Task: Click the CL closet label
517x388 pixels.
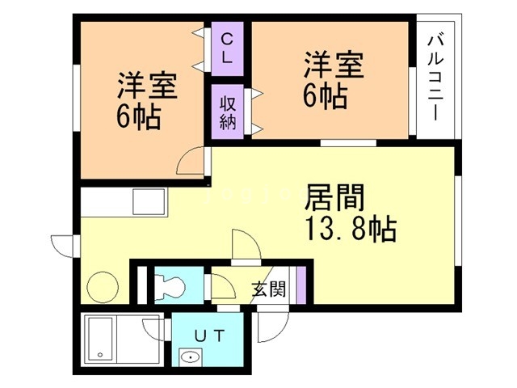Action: pyautogui.click(x=226, y=48)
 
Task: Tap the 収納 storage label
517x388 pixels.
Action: pyautogui.click(x=227, y=112)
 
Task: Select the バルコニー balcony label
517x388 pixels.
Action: pyautogui.click(x=435, y=77)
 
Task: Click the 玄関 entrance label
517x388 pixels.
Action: pyautogui.click(x=267, y=289)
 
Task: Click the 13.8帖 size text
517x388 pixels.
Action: pyautogui.click(x=350, y=230)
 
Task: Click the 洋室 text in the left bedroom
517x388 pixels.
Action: pyautogui.click(x=148, y=86)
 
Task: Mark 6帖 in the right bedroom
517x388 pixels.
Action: pyautogui.click(x=326, y=95)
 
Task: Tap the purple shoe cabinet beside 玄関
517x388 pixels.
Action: pyautogui.click(x=300, y=285)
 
